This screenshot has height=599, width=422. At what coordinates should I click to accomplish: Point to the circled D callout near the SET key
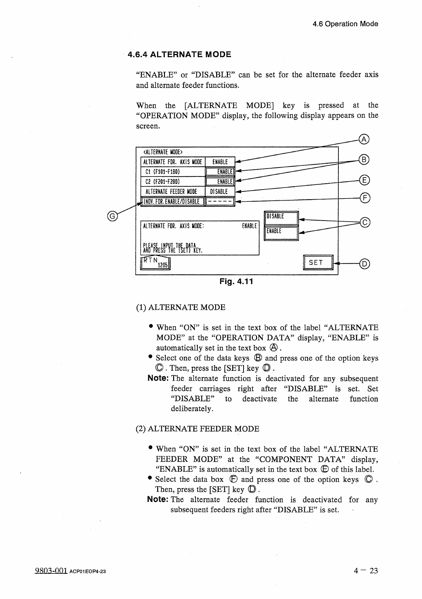pyautogui.click(x=365, y=264)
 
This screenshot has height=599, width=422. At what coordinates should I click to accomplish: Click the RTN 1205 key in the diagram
pyautogui.click(x=156, y=263)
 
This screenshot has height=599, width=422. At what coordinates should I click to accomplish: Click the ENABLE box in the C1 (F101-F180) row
pyautogui.click(x=220, y=172)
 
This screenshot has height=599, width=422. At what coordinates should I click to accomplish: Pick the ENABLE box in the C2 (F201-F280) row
pyautogui.click(x=220, y=182)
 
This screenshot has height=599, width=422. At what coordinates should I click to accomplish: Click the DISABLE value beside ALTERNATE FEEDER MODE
pyautogui.click(x=219, y=192)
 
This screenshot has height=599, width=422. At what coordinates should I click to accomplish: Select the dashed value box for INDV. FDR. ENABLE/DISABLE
pyautogui.click(x=220, y=202)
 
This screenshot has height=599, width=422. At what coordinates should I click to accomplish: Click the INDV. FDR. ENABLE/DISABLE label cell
pyautogui.click(x=173, y=202)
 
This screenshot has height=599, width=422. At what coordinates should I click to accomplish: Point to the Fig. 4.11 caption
pyautogui.click(x=236, y=282)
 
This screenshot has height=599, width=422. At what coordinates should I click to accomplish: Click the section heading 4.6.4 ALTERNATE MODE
pyautogui.click(x=180, y=54)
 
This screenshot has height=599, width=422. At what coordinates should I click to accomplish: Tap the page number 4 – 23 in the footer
pyautogui.click(x=365, y=571)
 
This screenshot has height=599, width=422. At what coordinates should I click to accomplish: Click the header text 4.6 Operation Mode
pyautogui.click(x=345, y=24)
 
